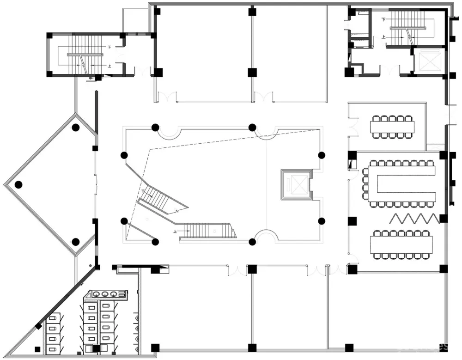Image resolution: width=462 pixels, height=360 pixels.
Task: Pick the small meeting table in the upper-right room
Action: click(392, 127)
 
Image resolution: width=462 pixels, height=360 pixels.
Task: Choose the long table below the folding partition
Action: click(401, 244)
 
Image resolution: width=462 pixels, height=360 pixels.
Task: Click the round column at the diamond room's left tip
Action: click(18, 185)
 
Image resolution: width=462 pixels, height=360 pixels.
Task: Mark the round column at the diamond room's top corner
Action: click(76, 127)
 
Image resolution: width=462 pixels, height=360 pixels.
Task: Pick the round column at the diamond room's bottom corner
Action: click(76, 241)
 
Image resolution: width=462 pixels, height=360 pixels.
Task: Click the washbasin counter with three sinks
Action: click(108, 293)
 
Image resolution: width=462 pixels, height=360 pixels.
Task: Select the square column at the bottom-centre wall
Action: click(252, 348)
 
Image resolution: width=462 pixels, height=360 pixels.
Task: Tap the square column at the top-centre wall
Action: click(252, 12)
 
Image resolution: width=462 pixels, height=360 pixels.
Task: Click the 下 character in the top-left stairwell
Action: click(109, 47)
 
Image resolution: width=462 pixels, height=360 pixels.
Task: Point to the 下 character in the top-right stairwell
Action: click(383, 19)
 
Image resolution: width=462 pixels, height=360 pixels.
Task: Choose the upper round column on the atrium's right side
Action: click(322, 155)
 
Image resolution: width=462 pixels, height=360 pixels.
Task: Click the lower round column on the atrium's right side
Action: click(322, 221)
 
